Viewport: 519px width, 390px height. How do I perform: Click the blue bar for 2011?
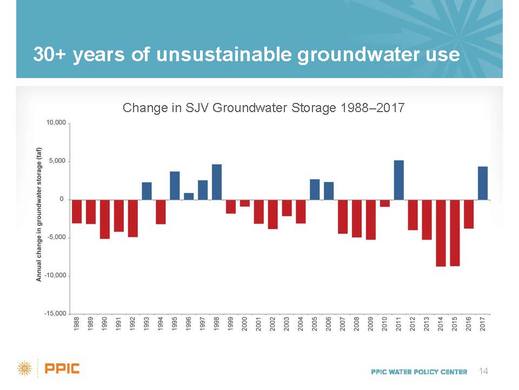click(x=398, y=180)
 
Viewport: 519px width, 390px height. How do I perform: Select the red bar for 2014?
click(x=441, y=233)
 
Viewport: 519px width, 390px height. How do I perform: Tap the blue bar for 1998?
click(x=217, y=182)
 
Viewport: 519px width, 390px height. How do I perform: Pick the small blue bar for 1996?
click(x=189, y=196)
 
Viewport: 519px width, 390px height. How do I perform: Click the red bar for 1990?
click(x=104, y=219)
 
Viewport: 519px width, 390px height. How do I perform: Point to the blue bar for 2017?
click(x=483, y=183)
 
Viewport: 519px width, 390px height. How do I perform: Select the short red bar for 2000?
click(x=244, y=203)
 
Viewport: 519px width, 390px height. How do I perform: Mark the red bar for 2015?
click(x=455, y=233)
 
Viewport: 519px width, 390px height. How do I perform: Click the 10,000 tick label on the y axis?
click(x=56, y=123)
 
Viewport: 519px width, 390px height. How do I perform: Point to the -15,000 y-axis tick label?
click(x=55, y=314)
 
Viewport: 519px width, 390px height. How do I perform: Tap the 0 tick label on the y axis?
click(x=62, y=199)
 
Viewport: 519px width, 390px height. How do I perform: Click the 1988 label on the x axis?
click(x=77, y=324)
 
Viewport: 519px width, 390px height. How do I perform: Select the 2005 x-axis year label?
click(x=315, y=324)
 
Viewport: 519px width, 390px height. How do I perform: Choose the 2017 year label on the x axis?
click(x=483, y=324)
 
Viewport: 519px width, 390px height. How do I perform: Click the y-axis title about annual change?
click(x=39, y=214)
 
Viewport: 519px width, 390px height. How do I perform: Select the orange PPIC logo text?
click(x=62, y=368)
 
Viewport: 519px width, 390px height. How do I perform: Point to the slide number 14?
click(x=483, y=371)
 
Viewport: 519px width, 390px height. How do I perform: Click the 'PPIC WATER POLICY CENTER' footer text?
click(x=419, y=372)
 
